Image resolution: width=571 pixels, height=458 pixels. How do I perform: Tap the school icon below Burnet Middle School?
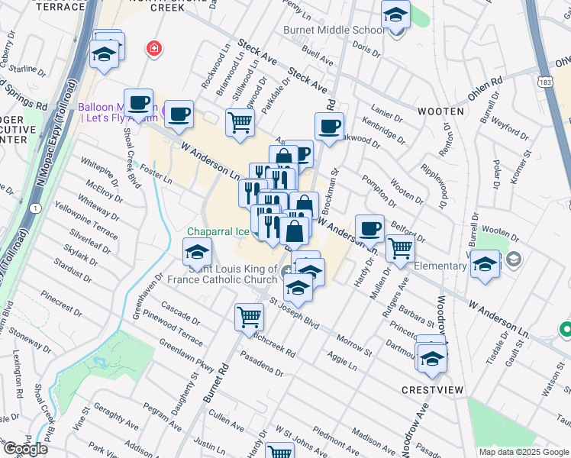[395, 15]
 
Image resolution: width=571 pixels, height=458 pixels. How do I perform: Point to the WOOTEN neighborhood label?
[440, 111]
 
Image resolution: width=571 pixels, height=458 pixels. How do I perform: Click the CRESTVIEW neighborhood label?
[432, 389]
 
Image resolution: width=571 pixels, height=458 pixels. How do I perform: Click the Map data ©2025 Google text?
[523, 452]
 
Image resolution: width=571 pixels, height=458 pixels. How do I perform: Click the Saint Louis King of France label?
[237, 273]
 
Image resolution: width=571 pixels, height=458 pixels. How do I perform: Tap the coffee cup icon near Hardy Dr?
[369, 228]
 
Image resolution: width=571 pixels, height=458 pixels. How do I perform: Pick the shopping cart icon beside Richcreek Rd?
[249, 318]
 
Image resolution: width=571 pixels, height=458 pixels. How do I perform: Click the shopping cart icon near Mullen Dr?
[400, 248]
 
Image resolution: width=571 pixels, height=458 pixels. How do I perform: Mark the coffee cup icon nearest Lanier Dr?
[329, 127]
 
